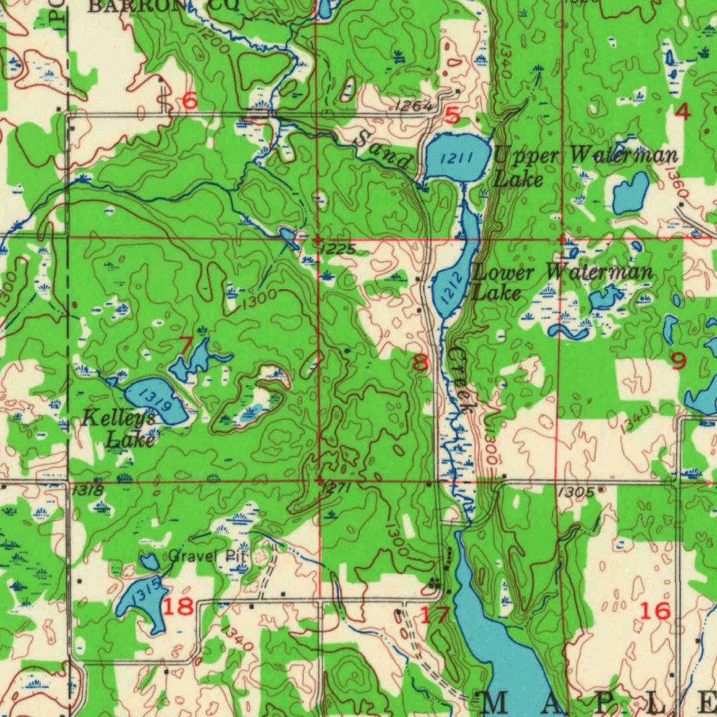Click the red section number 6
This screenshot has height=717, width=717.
190,101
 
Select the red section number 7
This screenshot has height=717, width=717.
185,345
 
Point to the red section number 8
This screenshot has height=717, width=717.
420,363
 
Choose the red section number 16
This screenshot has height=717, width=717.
655,611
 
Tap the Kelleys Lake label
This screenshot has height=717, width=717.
119,429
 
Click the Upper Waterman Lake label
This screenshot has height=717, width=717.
585,166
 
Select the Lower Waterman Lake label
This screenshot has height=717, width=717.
562,281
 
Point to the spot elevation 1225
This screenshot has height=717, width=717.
340,249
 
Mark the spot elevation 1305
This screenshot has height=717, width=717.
577,493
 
